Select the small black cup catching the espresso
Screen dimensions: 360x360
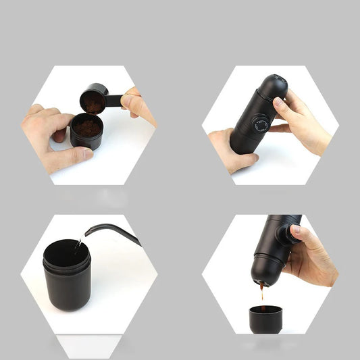tap(265, 318)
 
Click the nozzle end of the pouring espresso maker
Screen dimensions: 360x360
tap(263, 281)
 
